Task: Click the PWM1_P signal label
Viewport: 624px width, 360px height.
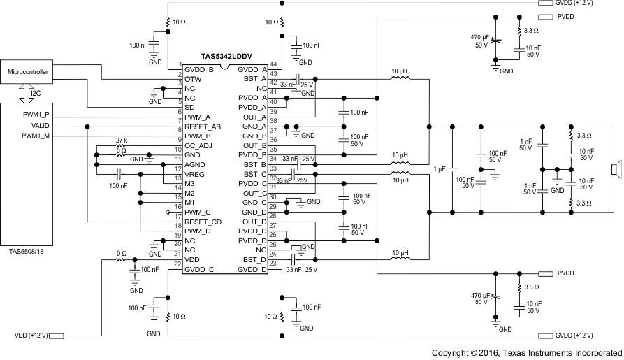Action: (x=35, y=115)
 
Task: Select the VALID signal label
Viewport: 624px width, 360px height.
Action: (x=40, y=126)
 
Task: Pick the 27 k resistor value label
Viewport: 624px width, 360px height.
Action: (x=122, y=141)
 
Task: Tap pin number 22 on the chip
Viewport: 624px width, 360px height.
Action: (x=178, y=264)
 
